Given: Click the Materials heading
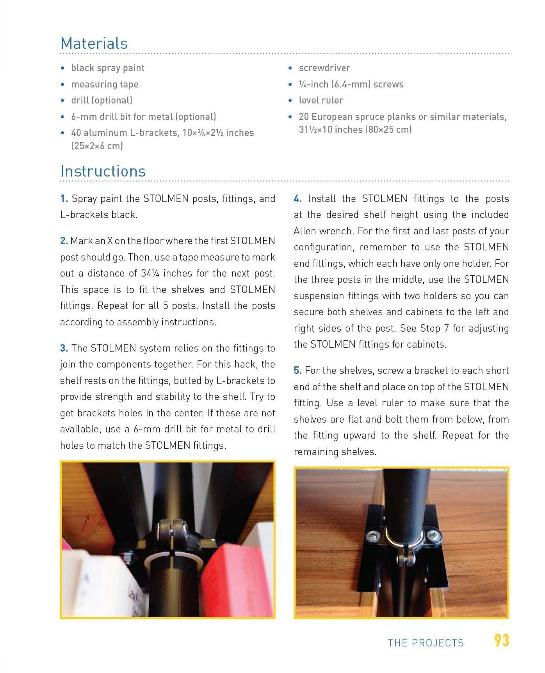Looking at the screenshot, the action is pyautogui.click(x=94, y=43).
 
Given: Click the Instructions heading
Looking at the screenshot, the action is pyautogui.click(x=103, y=171).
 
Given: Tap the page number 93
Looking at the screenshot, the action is pyautogui.click(x=502, y=641).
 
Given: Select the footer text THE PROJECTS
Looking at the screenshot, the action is pyautogui.click(x=426, y=643).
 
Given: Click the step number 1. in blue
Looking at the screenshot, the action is pyautogui.click(x=64, y=199).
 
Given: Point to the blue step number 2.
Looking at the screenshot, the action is pyautogui.click(x=64, y=241).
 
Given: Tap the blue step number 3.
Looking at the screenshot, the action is pyautogui.click(x=64, y=348).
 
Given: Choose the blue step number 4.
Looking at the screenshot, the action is pyautogui.click(x=298, y=199).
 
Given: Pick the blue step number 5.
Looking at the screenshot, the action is pyautogui.click(x=298, y=371).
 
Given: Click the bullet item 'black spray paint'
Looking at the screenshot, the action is pyautogui.click(x=108, y=68).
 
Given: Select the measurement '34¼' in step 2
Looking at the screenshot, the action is pyautogui.click(x=150, y=273).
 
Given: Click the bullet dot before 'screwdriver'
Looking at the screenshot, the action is pyautogui.click(x=290, y=68).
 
